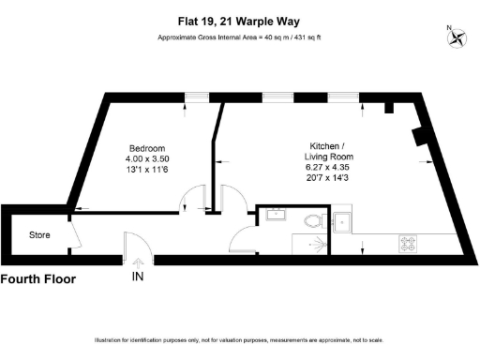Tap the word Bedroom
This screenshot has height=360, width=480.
147,148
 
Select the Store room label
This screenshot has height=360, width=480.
39,234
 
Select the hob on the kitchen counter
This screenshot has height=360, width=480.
410,243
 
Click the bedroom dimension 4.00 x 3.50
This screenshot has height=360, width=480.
147,159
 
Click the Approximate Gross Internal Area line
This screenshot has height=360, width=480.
240,37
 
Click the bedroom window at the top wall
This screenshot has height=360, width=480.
195,96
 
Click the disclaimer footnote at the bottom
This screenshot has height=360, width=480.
240,339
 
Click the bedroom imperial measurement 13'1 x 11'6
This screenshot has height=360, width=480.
147,171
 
